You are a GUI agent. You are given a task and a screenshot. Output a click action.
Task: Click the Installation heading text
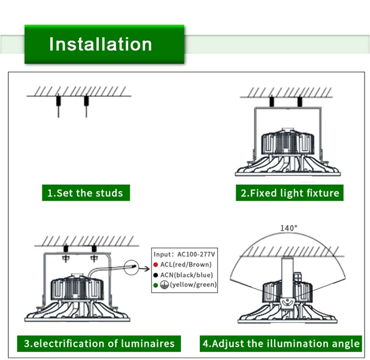[x=100, y=44]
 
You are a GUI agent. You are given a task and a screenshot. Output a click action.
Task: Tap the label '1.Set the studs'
[x=85, y=193]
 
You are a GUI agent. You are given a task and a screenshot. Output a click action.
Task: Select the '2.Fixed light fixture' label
[x=290, y=193]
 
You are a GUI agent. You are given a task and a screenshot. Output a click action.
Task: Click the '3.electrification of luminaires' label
[x=99, y=344]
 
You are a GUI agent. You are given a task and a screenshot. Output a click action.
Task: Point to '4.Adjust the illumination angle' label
[x=281, y=344]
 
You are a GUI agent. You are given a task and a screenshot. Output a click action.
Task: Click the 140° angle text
[x=289, y=228]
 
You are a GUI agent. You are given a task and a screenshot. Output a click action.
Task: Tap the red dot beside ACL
[x=155, y=265]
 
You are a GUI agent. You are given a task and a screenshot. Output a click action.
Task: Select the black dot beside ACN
[x=155, y=275]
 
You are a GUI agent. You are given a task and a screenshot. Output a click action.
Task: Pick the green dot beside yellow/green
[x=155, y=285]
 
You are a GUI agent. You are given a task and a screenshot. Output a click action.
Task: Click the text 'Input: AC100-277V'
[x=184, y=254]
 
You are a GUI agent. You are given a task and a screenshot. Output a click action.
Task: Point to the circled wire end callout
[x=131, y=267]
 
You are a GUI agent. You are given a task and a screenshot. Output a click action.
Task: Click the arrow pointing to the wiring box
[x=145, y=268]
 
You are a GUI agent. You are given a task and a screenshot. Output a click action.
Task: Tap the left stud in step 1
[x=58, y=106]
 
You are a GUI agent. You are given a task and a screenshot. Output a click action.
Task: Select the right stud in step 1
[x=86, y=106]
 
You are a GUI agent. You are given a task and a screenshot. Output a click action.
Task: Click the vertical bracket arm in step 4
[x=288, y=278]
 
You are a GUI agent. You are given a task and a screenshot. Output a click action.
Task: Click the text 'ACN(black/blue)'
[x=186, y=275]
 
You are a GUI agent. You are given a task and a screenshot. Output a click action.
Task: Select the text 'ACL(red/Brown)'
[x=186, y=265]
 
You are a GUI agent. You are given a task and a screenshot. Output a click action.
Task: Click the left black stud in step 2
[x=272, y=102]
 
